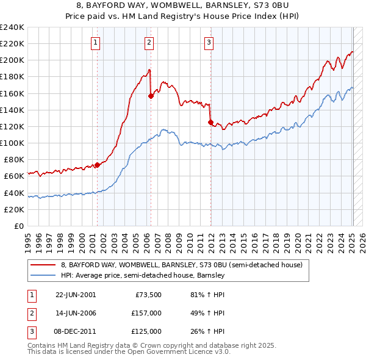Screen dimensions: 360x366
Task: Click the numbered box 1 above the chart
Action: point(97,42)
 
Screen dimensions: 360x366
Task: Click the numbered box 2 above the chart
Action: point(149,42)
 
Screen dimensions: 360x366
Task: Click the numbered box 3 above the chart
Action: point(209,42)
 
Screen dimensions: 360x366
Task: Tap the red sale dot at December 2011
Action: point(210,122)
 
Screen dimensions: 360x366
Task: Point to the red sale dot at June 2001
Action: point(98,165)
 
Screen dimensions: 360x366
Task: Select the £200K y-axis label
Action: point(12,60)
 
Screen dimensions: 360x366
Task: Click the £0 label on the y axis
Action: point(18,226)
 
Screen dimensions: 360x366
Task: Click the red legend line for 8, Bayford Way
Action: point(43,265)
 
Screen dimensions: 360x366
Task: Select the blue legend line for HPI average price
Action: point(43,275)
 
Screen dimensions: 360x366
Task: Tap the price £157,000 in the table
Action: point(146,313)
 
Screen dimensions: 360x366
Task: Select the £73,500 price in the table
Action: point(148,295)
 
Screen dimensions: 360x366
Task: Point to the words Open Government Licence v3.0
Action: point(178,352)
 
